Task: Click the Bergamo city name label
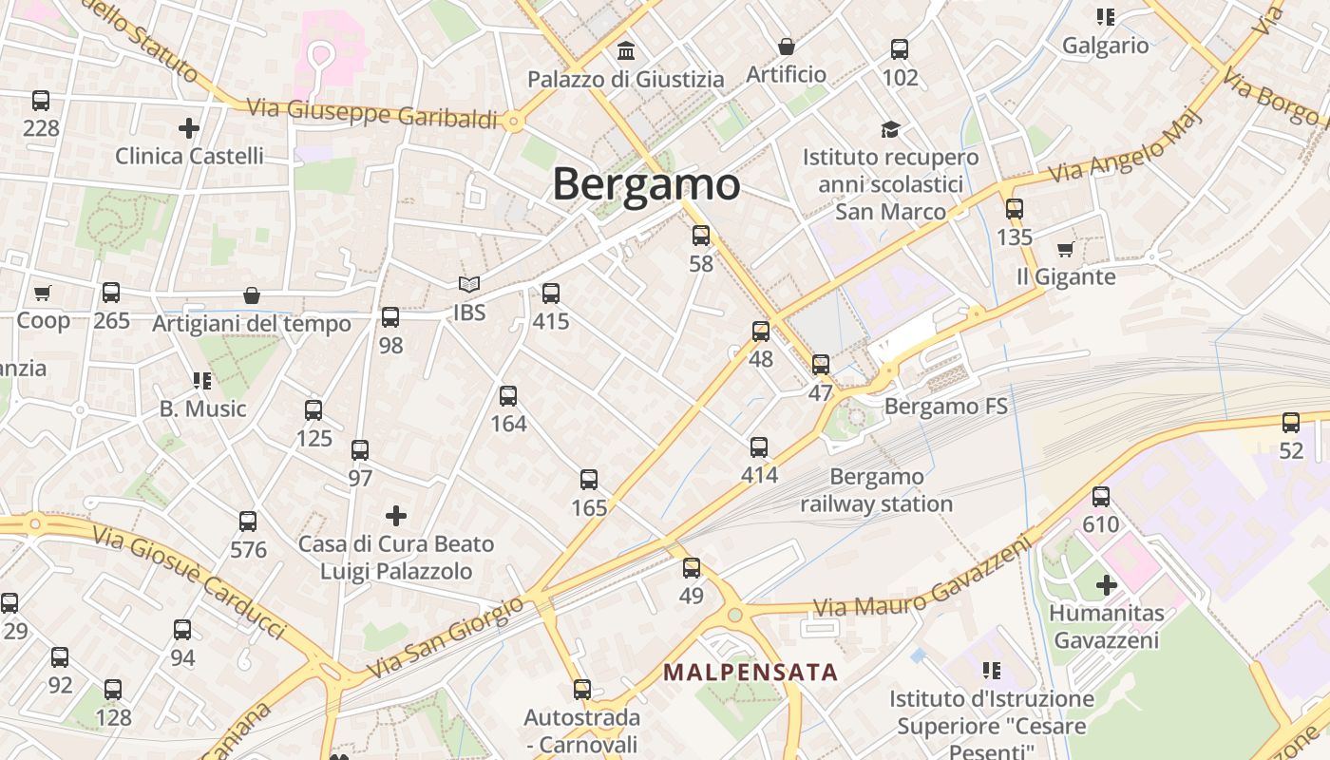click(x=646, y=183)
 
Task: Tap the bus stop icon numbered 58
click(x=701, y=235)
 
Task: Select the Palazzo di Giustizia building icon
click(x=626, y=49)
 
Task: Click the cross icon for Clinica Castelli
click(x=189, y=127)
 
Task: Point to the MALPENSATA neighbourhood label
click(x=750, y=673)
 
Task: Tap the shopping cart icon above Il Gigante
click(x=1065, y=249)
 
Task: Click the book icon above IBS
click(x=469, y=284)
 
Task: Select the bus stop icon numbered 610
click(x=1101, y=496)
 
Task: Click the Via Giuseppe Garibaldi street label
click(x=372, y=113)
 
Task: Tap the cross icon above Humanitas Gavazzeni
click(x=1107, y=585)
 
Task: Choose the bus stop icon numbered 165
click(x=589, y=480)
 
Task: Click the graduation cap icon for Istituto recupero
click(x=890, y=129)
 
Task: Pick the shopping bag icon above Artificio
click(x=787, y=46)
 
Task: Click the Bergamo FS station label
click(x=946, y=407)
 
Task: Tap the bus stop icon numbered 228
click(x=41, y=100)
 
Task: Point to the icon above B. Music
click(x=202, y=381)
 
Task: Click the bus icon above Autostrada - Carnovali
click(x=582, y=689)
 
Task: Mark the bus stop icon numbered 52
click(x=1291, y=423)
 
